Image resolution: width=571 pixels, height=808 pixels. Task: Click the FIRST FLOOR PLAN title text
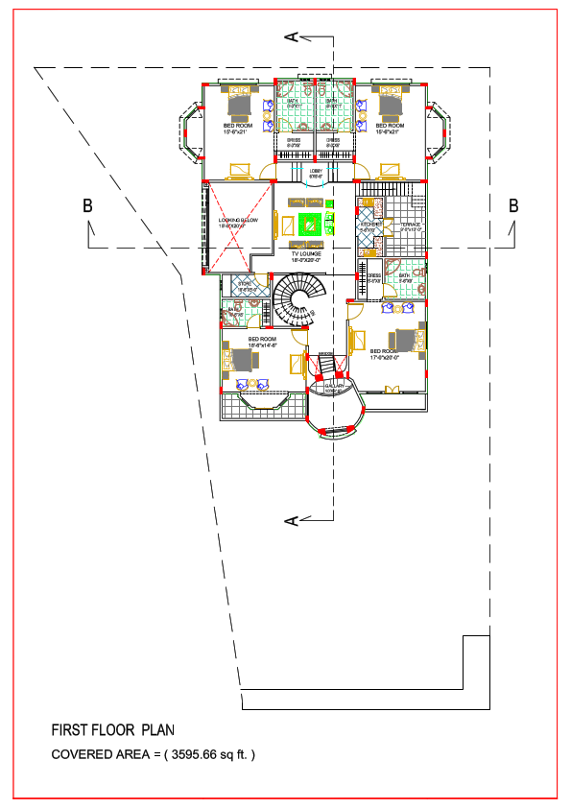coord(113,729)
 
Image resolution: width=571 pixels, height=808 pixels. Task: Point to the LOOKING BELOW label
coord(238,221)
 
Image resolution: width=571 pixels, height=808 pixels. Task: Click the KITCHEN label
coord(369,224)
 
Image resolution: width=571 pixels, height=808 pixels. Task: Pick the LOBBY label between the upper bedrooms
coord(316,171)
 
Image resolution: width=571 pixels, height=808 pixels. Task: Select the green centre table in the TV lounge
coord(310,225)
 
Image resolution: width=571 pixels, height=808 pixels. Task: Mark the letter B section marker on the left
coord(87,205)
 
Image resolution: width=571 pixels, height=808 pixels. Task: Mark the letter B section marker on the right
coord(513,205)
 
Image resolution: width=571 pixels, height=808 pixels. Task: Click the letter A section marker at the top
coord(291,36)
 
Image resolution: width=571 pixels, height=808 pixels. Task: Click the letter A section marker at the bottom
coord(291,520)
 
